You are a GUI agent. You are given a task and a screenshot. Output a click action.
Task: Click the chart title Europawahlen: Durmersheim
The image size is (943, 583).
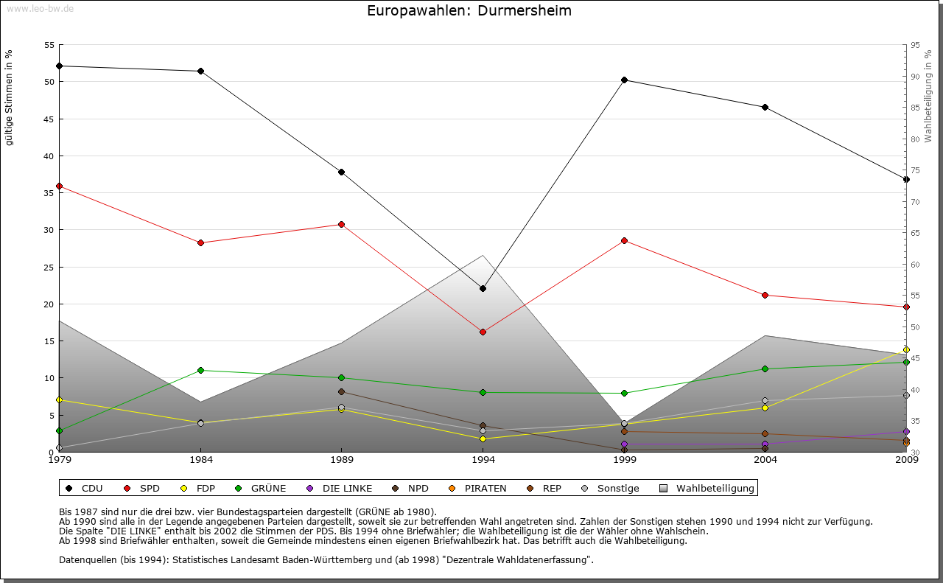point(469,11)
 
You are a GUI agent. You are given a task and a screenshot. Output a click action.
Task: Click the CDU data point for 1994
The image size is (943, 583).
point(483,288)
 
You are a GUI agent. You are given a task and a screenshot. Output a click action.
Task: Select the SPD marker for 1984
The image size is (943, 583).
point(200,242)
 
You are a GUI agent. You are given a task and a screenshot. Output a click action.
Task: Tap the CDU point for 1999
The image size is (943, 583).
point(624,80)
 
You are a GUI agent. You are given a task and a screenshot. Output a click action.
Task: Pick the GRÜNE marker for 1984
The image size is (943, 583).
point(200,370)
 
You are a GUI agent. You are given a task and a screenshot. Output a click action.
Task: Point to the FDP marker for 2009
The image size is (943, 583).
point(906,349)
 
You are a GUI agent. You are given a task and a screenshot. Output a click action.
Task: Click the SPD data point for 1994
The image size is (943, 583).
point(483,332)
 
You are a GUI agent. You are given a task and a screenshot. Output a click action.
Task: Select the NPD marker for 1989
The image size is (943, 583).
point(341,391)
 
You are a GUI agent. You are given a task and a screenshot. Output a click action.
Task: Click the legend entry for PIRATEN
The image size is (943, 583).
point(478,488)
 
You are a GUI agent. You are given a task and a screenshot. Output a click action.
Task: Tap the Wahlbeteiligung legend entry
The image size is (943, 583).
point(707,488)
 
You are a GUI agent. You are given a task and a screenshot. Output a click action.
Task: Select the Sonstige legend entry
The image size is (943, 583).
point(611,488)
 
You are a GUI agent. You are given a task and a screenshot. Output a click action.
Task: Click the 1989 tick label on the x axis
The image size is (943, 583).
point(342,460)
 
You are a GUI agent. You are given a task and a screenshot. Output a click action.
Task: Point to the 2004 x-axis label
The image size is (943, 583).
point(765,460)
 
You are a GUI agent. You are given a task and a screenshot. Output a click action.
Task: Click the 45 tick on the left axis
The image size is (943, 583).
point(50,119)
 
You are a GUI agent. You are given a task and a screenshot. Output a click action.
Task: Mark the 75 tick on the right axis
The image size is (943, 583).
point(915,170)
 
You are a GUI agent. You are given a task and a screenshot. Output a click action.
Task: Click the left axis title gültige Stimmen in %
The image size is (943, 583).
point(9,97)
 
